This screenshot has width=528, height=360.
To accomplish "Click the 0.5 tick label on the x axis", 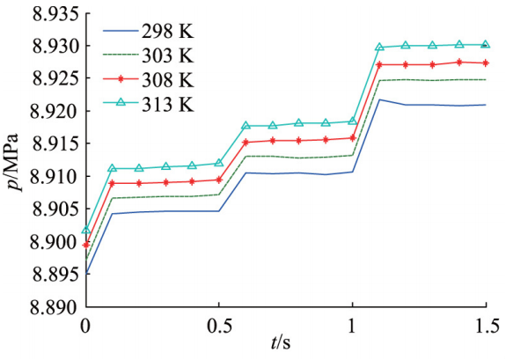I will click(218, 326).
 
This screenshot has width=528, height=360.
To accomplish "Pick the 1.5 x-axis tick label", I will click(485, 326).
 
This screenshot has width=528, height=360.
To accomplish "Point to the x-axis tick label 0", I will click(85, 326).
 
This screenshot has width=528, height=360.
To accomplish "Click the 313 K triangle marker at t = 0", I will click(85, 231).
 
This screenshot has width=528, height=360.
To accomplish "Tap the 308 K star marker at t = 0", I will click(85, 245).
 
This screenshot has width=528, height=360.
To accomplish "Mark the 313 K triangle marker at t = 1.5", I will click(485, 44).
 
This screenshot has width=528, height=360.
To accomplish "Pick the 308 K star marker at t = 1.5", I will click(485, 62).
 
